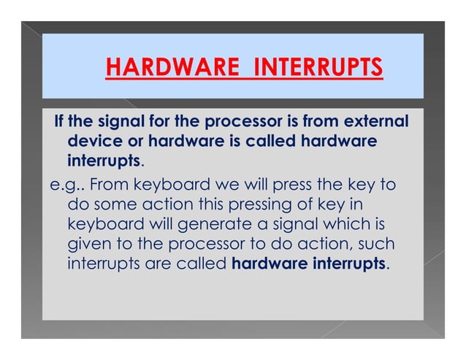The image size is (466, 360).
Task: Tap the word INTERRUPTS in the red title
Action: (318, 69)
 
